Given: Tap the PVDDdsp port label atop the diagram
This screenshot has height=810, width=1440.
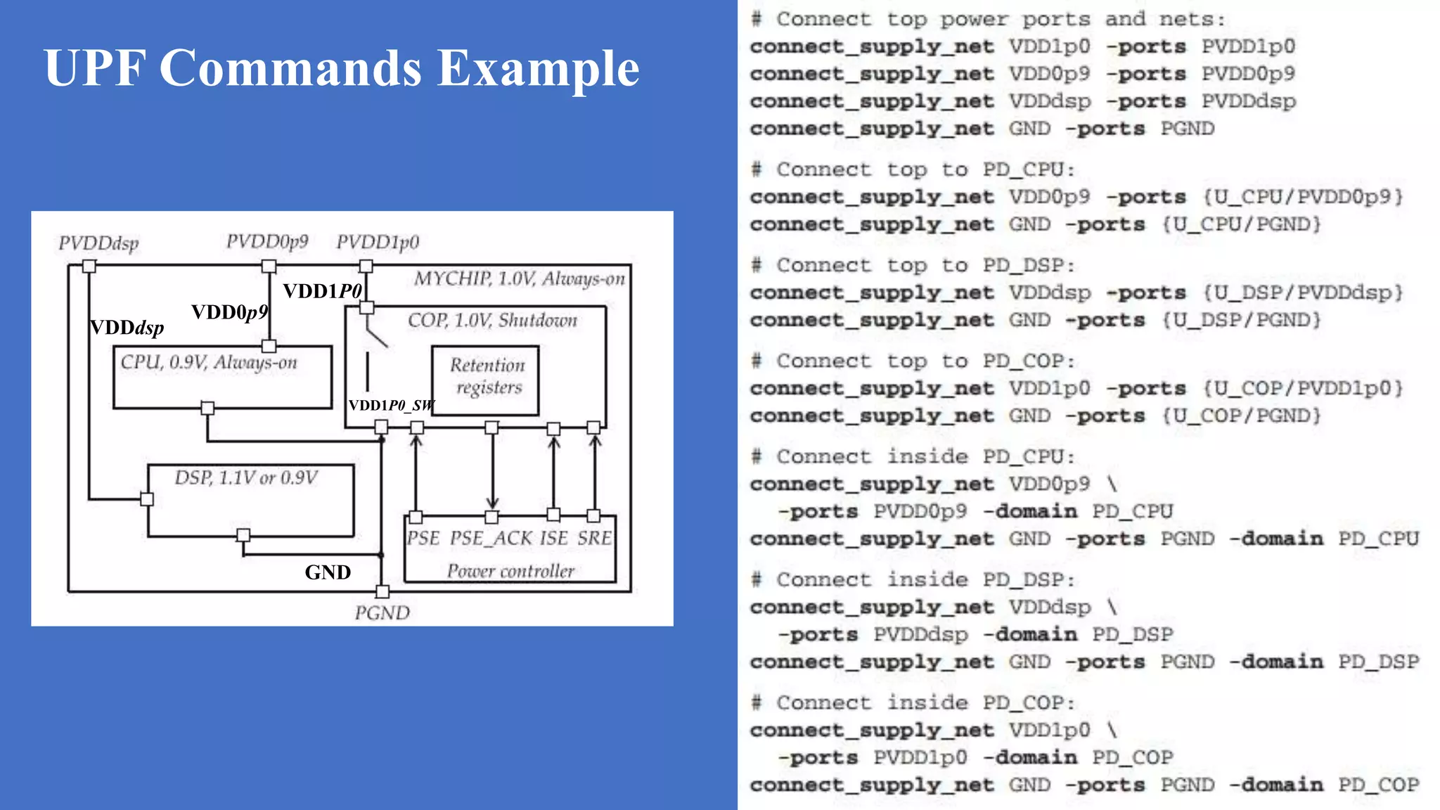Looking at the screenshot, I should point(98,243).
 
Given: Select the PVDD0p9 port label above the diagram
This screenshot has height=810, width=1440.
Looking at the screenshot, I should point(267,242).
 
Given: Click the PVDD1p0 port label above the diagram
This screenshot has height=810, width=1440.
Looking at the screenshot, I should point(378,243).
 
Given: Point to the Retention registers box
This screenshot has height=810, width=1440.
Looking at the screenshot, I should point(485,380).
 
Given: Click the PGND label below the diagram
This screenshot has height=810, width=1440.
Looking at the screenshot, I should point(382,613).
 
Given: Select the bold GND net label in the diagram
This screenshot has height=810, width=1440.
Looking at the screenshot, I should point(328,572).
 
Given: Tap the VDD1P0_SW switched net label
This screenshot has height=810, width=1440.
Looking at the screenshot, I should point(392,406).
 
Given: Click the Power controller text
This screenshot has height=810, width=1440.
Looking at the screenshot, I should point(510,571).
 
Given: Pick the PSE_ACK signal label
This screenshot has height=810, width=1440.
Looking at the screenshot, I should point(491,539).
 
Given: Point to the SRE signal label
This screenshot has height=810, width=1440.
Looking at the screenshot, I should point(594,539).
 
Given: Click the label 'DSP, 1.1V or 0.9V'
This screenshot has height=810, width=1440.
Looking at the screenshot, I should point(246,478).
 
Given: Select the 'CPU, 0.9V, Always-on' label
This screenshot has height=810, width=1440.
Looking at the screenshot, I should point(209,362).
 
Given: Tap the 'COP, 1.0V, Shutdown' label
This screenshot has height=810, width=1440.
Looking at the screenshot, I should point(492,321).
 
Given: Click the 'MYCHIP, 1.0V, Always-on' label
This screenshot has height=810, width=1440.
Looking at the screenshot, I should point(519,279).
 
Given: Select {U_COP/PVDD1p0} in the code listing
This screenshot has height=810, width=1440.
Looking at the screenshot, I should point(1302,388).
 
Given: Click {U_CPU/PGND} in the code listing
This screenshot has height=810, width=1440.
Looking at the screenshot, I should point(1241,225).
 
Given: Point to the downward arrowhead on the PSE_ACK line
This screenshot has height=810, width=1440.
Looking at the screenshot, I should point(492,503).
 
